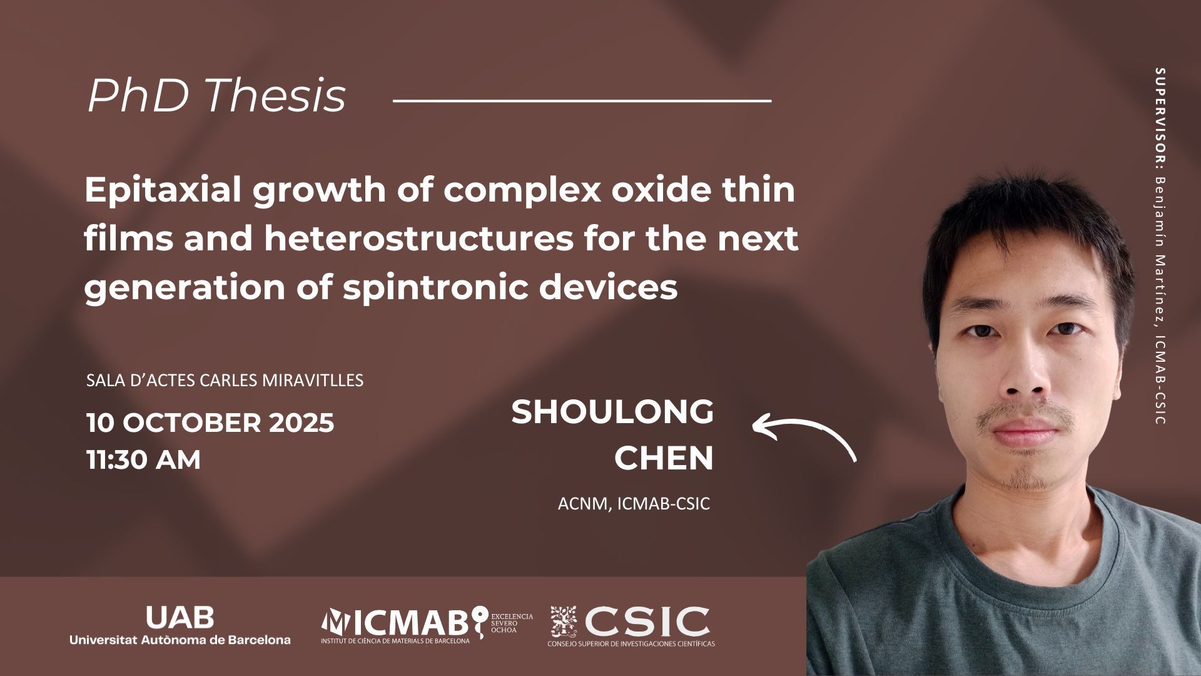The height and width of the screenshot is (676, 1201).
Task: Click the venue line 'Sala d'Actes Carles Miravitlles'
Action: pyautogui.click(x=225, y=380)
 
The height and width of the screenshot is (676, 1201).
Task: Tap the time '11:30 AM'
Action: pyautogui.click(x=144, y=460)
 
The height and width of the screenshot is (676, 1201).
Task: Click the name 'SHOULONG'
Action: pyautogui.click(x=612, y=412)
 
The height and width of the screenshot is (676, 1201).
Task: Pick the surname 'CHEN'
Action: pyautogui.click(x=664, y=458)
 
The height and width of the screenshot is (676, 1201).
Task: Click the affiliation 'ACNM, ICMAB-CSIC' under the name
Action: pyautogui.click(x=634, y=504)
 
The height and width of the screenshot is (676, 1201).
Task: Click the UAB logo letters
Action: pyautogui.click(x=180, y=617)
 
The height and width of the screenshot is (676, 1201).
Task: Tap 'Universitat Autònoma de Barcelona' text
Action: pyautogui.click(x=180, y=640)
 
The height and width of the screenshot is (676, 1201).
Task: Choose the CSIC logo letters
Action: pyautogui.click(x=647, y=620)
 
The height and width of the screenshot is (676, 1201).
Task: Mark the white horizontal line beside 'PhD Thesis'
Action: pyautogui.click(x=581, y=100)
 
